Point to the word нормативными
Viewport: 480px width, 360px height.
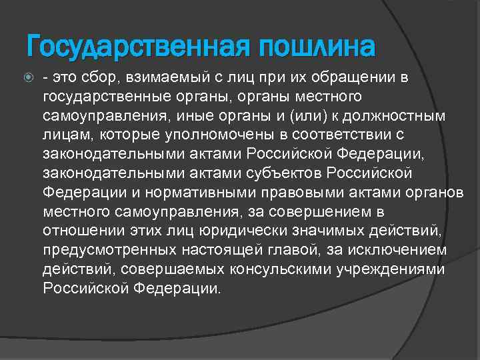pyautogui.click(x=189, y=193)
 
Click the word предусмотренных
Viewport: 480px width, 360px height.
pyautogui.click(x=109, y=251)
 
